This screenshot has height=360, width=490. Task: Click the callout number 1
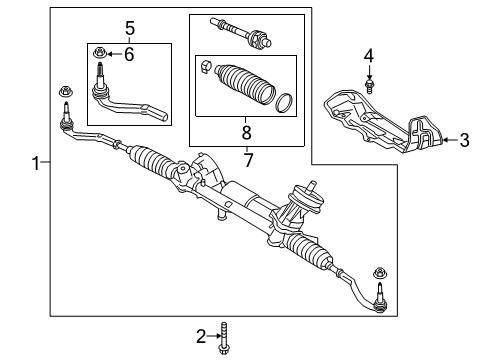37,163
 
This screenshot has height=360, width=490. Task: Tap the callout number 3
463,140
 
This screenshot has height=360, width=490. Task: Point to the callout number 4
368,53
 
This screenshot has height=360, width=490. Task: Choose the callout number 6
128,53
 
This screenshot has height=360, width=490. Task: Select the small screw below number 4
368,86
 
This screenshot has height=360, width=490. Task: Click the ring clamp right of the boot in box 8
283,102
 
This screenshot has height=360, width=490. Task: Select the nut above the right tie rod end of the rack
380,274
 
